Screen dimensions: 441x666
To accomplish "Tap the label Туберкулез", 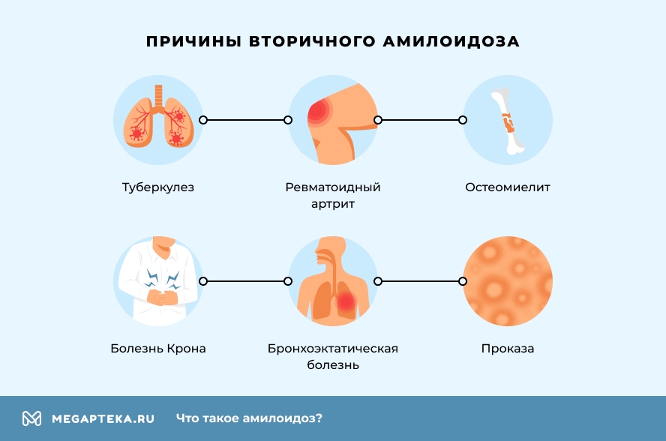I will click(x=158, y=187).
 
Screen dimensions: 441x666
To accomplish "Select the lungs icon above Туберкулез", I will click(x=158, y=119).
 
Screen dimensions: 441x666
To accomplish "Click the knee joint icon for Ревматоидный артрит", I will click(x=333, y=119).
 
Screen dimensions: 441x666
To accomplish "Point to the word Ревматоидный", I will click(x=333, y=187).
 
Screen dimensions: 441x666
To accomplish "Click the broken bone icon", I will click(x=508, y=119).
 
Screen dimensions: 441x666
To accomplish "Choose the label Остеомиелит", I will click(x=508, y=187).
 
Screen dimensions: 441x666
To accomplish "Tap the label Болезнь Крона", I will click(x=158, y=349).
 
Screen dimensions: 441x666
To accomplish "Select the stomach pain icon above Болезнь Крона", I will click(x=158, y=281).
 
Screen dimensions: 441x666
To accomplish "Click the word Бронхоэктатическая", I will click(x=333, y=349).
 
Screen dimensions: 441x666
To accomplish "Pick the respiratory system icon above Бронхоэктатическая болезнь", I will click(x=333, y=281).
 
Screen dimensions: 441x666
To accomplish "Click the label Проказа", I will click(x=508, y=349).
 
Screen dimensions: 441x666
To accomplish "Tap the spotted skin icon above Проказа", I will click(x=508, y=281).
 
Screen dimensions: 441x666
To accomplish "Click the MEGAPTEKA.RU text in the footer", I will click(x=103, y=418).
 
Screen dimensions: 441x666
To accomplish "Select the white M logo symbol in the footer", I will click(x=31, y=418).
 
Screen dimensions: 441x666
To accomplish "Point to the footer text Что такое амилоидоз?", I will click(x=249, y=418).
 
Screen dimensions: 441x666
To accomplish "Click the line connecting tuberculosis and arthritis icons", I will click(x=245, y=119).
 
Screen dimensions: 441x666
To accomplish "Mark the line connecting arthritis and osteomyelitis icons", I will click(x=420, y=119).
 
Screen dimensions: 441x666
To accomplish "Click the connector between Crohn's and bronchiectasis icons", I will click(x=245, y=281).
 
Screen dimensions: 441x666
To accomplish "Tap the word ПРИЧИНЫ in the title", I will click(x=193, y=41).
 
